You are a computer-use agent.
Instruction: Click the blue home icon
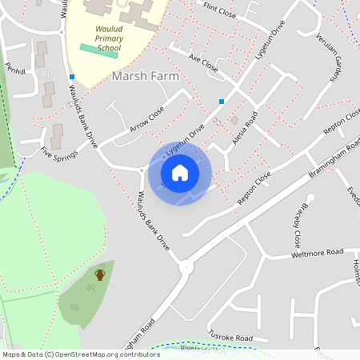coord(180,172)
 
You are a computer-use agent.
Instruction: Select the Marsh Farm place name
coord(145,75)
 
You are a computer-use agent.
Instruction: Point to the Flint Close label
coord(219,10)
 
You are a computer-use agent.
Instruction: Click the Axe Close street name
coord(203,62)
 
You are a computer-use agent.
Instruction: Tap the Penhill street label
coord(15,70)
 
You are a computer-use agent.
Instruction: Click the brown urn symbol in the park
coord(100,274)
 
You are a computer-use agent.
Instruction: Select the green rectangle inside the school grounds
coord(99,48)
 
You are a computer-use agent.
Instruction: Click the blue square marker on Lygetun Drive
coord(222,101)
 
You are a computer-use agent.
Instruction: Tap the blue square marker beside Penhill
coord(72,77)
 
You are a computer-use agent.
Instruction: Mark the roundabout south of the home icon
coord(186,267)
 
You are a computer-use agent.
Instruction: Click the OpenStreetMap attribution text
coord(80,354)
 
